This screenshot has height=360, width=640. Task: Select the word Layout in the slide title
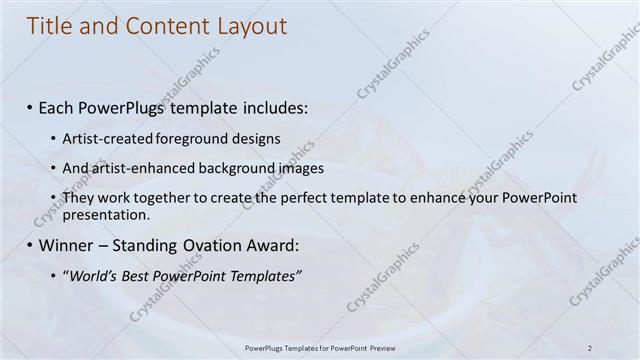[x=248, y=27]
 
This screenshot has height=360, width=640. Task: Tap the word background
[x=228, y=169]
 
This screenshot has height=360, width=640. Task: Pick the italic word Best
[x=135, y=276]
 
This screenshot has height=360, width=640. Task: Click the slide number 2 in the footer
[x=589, y=348]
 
